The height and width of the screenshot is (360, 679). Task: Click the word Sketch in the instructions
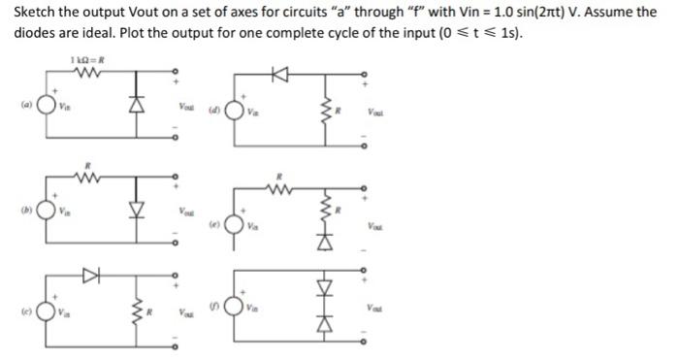(x=34, y=12)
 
